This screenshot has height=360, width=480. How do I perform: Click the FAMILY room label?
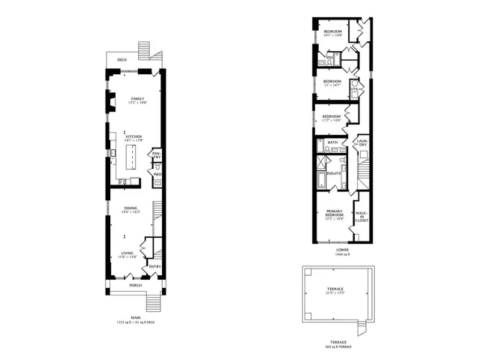(137, 99)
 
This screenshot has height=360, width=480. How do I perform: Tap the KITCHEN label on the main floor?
(133, 136)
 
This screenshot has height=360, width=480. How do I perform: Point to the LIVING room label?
(127, 253)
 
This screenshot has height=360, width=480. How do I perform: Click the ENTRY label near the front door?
(154, 266)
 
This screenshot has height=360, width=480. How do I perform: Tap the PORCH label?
(136, 285)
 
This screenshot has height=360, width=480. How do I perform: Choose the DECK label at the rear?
(121, 59)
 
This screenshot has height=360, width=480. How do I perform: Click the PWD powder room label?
(157, 174)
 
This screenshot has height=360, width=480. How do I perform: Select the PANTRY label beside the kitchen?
(157, 155)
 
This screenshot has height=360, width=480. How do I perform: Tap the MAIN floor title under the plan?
(136, 317)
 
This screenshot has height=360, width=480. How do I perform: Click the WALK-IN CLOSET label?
(362, 217)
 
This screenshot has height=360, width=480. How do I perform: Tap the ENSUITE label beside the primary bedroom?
(333, 174)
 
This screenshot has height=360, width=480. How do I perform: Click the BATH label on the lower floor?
(332, 142)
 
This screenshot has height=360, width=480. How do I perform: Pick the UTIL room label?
(354, 89)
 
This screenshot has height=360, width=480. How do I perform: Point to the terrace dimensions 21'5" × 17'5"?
(334, 292)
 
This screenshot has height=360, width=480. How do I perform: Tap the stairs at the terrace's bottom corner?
(362, 328)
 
